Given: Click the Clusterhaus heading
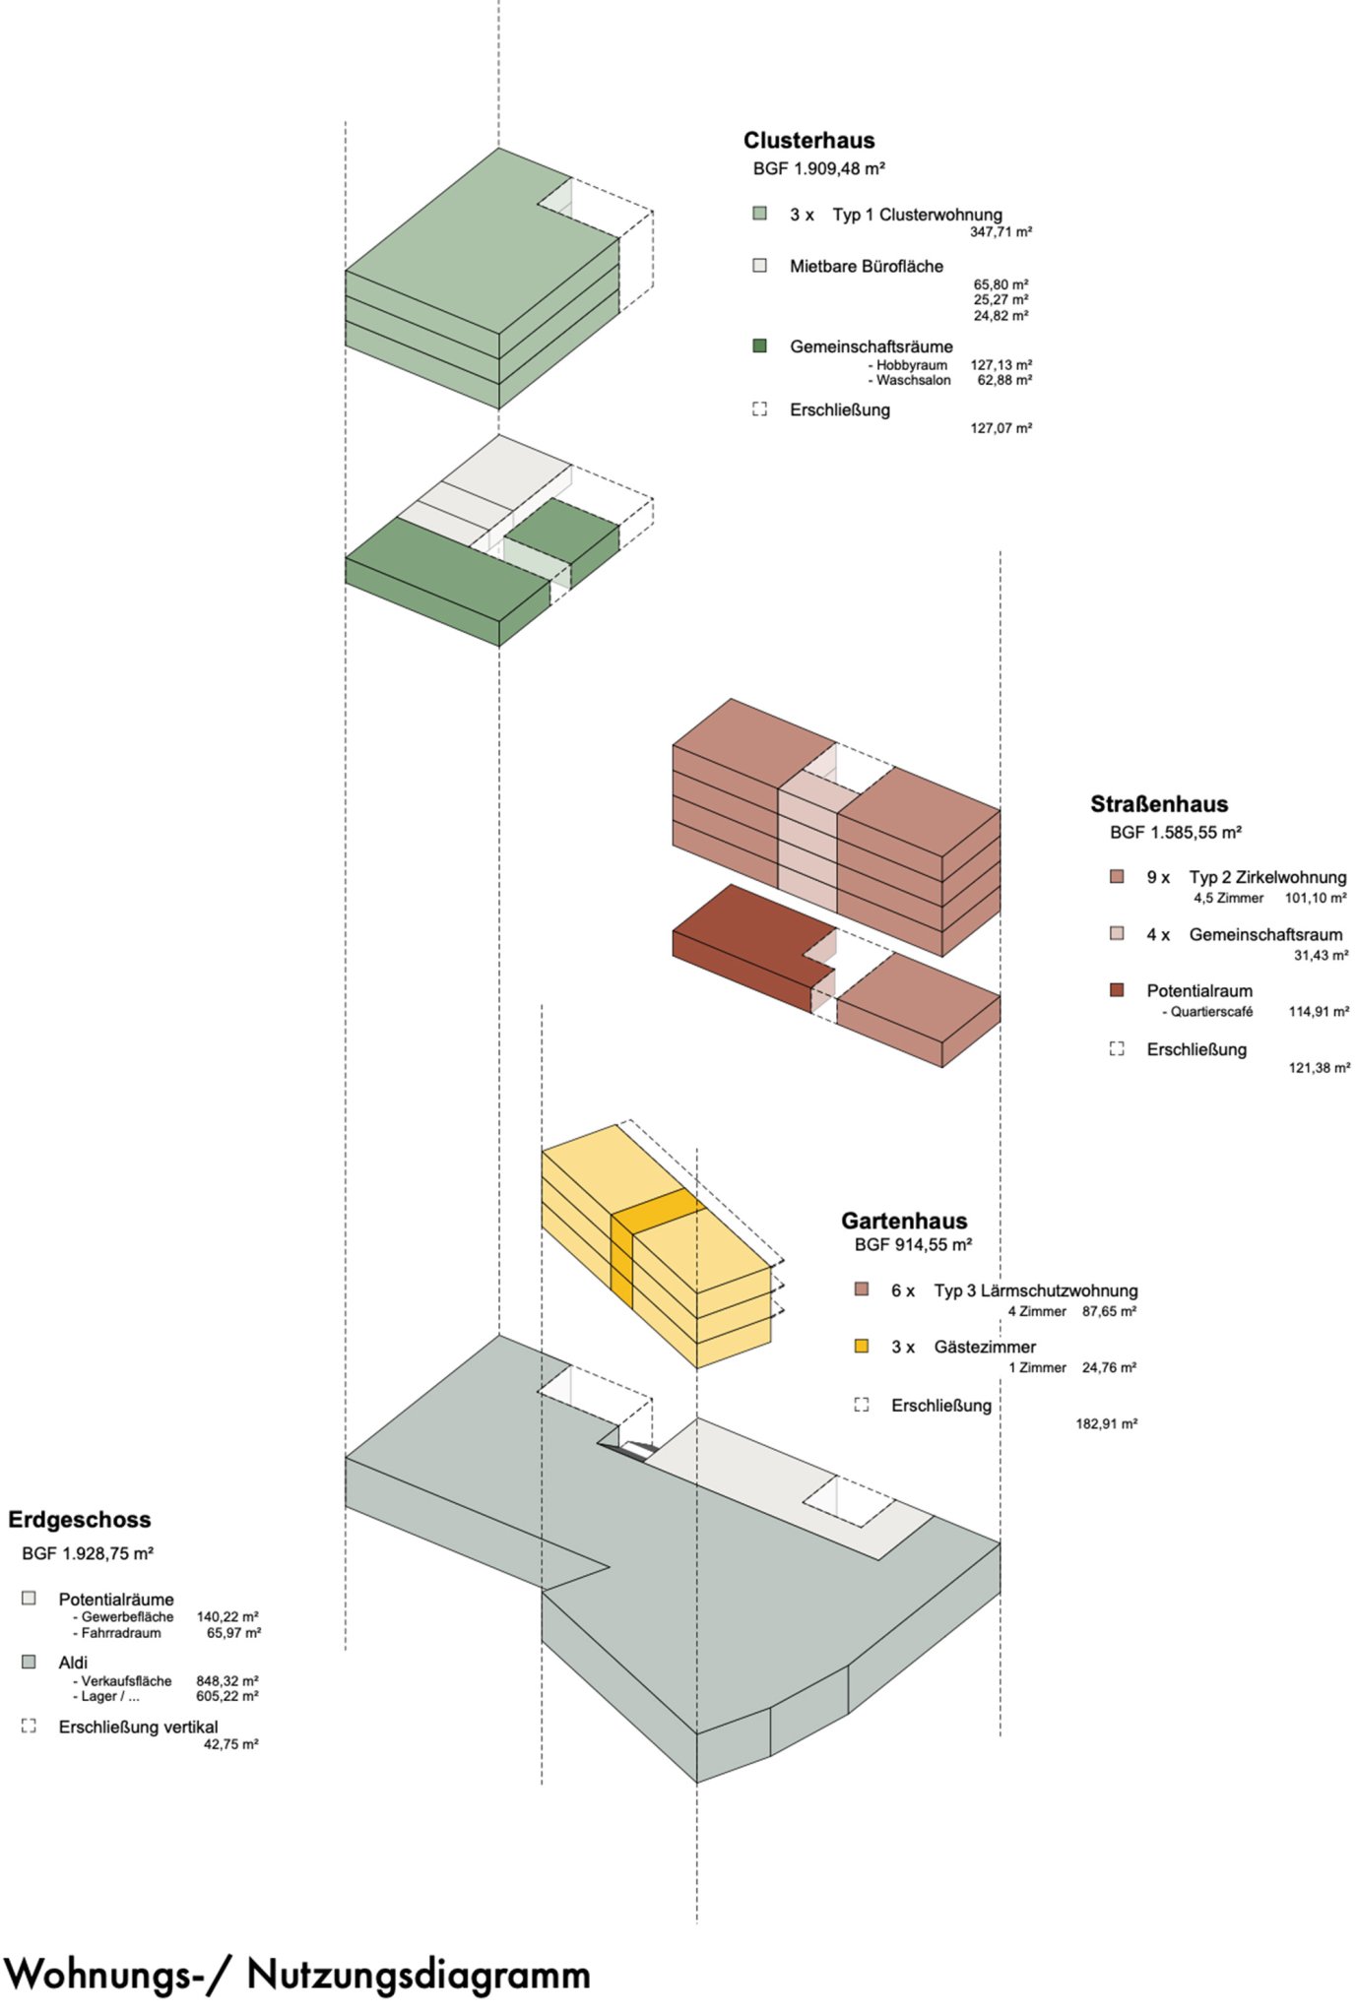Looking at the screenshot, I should point(808,140).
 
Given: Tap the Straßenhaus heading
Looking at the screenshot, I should point(1158,804).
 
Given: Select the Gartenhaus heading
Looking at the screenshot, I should point(903,1221).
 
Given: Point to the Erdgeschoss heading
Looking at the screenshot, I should point(80,1520).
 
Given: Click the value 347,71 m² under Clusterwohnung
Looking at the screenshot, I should point(1001,232).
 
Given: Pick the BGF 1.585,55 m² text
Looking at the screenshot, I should point(1175,833).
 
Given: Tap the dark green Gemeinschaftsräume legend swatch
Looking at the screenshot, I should point(759,346).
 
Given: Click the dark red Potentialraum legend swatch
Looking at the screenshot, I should point(1116,990).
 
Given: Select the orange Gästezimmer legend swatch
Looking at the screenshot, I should point(862,1346).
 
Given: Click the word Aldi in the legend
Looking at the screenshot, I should point(73,1663).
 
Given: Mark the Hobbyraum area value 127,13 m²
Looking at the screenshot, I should point(1001,365).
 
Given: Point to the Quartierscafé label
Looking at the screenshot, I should point(1210,1012).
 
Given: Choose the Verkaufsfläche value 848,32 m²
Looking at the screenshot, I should point(227,1681).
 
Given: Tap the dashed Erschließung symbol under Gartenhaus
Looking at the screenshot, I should point(862,1405).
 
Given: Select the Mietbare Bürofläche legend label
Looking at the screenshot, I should point(866,267).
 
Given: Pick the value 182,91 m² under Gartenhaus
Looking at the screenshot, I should point(1106,1424).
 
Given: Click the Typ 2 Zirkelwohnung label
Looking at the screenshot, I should point(1266,877).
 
